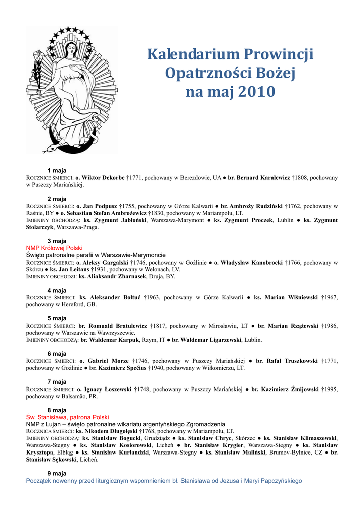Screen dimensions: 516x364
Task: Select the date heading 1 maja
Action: tap(57, 170)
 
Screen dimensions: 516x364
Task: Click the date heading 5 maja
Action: tap(57, 318)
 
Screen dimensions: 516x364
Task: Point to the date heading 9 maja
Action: tap(57, 473)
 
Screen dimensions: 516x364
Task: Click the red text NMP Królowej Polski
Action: tap(54, 248)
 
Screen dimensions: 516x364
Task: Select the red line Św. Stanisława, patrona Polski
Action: tap(67, 417)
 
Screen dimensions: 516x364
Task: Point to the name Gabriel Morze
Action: tap(108, 361)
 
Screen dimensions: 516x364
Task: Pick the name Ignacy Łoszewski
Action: tap(108, 390)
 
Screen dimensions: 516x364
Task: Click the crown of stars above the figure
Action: tap(71, 33)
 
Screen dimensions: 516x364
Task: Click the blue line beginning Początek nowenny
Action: tap(164, 481)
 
